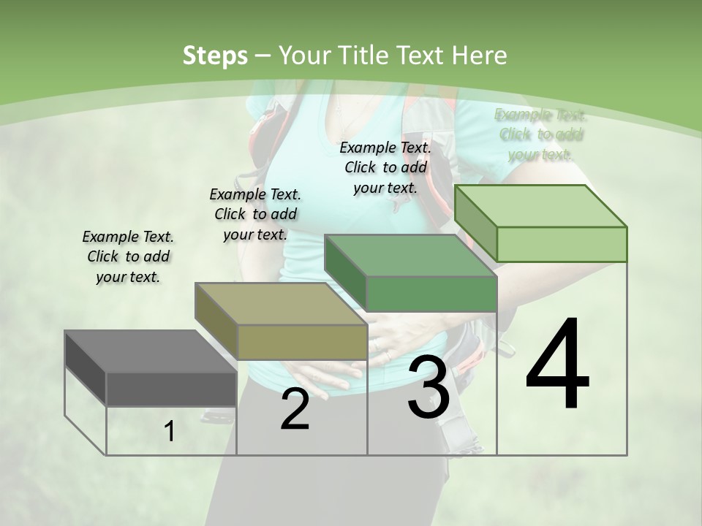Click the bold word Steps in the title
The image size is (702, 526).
tap(215, 56)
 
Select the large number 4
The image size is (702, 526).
tap(557, 365)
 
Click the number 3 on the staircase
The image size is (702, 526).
tap(429, 387)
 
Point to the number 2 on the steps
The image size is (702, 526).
tap(295, 410)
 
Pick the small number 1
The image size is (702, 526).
tap(170, 432)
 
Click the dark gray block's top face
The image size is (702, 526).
tap(150, 351)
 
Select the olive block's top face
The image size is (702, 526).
tap(281, 303)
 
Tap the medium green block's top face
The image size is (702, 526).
tap(409, 256)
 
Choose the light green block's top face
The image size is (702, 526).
tap(541, 205)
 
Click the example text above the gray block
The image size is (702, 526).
tap(128, 256)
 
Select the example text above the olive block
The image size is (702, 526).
tap(255, 214)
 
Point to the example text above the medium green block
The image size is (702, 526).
tap(385, 167)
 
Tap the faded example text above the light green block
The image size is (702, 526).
tap(540, 134)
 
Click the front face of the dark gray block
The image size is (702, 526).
tap(171, 389)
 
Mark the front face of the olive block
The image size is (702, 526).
tap(302, 342)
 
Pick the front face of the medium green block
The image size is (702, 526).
tap(431, 294)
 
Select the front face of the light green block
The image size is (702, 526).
tap(562, 244)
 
